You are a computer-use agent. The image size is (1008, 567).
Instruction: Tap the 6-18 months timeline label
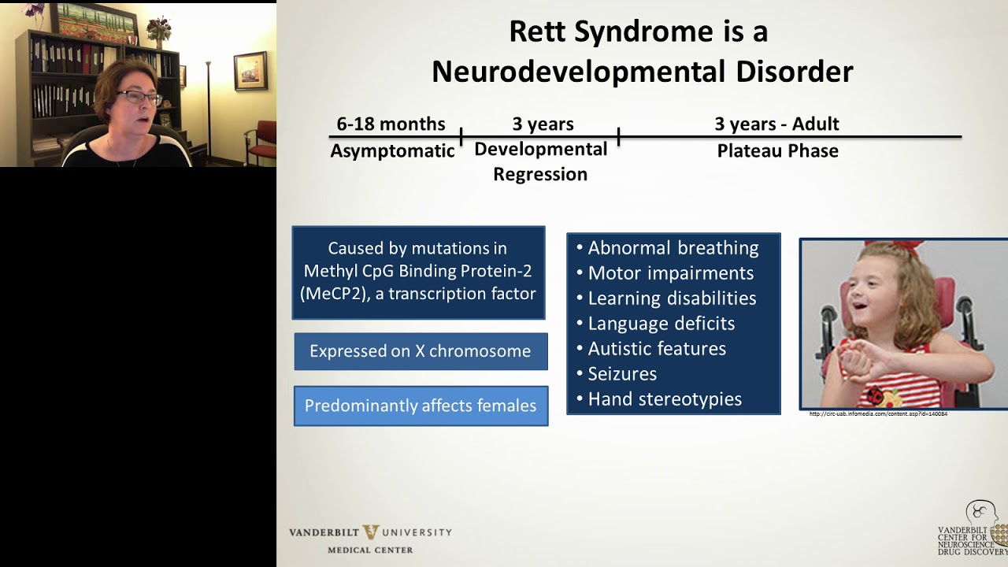pos(391,124)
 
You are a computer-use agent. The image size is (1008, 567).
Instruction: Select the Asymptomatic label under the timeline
pos(392,151)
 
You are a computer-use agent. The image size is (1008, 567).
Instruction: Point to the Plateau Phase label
pos(777,151)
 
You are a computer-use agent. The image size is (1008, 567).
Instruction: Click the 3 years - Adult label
pos(776,124)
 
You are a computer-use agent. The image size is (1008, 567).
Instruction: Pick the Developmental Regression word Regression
pos(540,175)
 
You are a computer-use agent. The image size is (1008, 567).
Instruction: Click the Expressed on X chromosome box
pos(421,351)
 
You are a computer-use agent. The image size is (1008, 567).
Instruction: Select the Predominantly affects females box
pos(421,406)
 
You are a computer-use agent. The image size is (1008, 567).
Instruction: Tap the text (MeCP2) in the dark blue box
pos(332,294)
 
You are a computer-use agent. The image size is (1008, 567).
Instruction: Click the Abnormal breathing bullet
pos(673,248)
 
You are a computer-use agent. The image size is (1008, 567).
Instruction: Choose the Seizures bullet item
pos(621,374)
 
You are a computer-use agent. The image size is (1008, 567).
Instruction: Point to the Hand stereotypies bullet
pos(664,399)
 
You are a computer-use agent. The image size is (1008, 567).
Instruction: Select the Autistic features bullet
pos(656,349)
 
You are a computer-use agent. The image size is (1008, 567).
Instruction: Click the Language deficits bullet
pos(661,324)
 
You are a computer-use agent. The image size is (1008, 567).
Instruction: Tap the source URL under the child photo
pos(878,414)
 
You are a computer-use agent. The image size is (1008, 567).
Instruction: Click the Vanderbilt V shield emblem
pos(370,532)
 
